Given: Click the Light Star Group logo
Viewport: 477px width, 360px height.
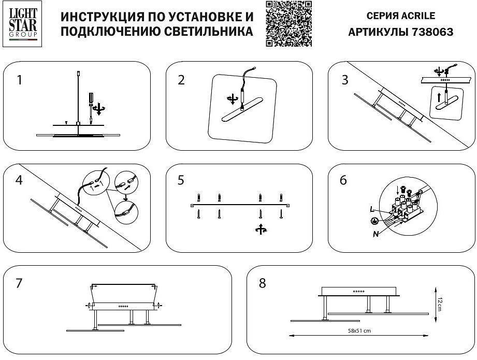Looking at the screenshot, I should point(23,23).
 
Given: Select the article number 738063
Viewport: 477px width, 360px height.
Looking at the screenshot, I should point(431,32).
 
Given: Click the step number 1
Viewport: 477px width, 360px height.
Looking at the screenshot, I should point(19,80).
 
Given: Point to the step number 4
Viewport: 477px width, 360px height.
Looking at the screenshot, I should point(19,180).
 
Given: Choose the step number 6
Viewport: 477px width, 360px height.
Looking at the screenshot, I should point(343,180).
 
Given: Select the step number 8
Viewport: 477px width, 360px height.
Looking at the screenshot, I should point(262,283).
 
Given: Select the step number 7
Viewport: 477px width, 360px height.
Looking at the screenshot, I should point(19,283).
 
